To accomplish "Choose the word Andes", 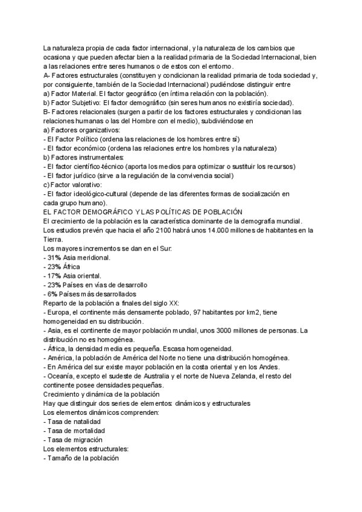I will point(253,367).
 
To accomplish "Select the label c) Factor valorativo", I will point(72,185).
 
